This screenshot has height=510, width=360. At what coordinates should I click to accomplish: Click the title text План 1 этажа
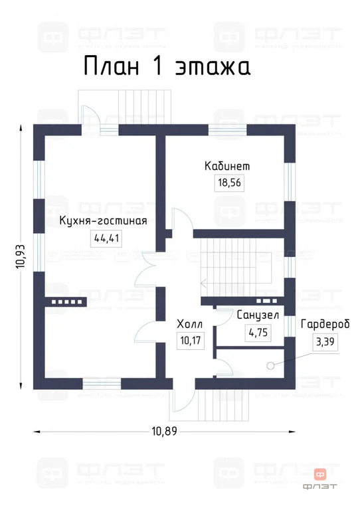coord(167,67)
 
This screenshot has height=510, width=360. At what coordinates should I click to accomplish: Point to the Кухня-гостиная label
coord(102,220)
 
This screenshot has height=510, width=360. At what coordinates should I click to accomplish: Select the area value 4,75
coord(258,333)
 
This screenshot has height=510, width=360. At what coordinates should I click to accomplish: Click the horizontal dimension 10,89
coord(165,432)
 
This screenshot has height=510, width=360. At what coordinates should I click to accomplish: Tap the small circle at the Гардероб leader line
coord(270,365)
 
